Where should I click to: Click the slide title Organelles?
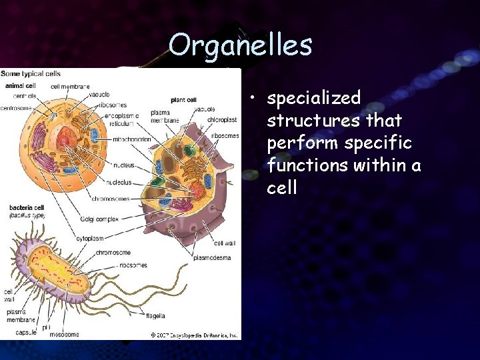pyautogui.click(x=240, y=45)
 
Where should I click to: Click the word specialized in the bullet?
pyautogui.click(x=313, y=99)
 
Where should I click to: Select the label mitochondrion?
pyautogui.click(x=131, y=139)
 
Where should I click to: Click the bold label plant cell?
pyautogui.click(x=183, y=99)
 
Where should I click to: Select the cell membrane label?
pyautogui.click(x=71, y=85)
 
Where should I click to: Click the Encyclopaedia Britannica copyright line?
pyautogui.click(x=194, y=335)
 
